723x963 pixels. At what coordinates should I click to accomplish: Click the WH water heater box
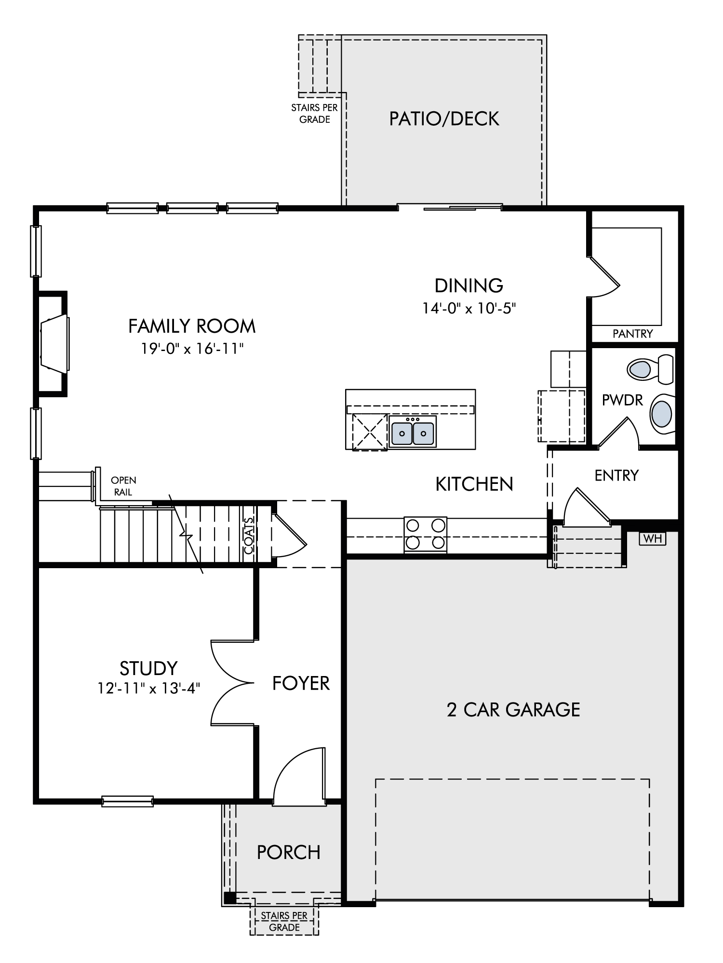click(653, 538)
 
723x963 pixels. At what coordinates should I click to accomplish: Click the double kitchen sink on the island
click(413, 432)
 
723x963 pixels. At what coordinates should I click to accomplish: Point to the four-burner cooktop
click(425, 534)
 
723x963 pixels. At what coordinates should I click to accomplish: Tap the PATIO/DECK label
click(444, 118)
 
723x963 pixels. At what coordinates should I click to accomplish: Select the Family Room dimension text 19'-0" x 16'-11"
click(192, 349)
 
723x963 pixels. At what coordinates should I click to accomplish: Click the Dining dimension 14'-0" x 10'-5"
click(469, 308)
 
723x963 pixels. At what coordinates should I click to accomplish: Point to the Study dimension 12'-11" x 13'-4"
click(149, 689)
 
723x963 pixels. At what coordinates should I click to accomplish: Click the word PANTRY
click(632, 333)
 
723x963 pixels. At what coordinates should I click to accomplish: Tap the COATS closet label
click(249, 535)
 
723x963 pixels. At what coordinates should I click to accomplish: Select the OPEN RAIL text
click(123, 486)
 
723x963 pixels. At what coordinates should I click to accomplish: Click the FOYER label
click(301, 683)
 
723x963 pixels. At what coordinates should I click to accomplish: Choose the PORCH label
click(288, 852)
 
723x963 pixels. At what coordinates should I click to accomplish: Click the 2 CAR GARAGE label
click(513, 710)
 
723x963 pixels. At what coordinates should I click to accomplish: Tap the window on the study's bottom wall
click(128, 801)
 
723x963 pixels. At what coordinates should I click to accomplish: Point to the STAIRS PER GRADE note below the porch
click(284, 921)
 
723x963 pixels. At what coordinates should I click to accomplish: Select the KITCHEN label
click(474, 484)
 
